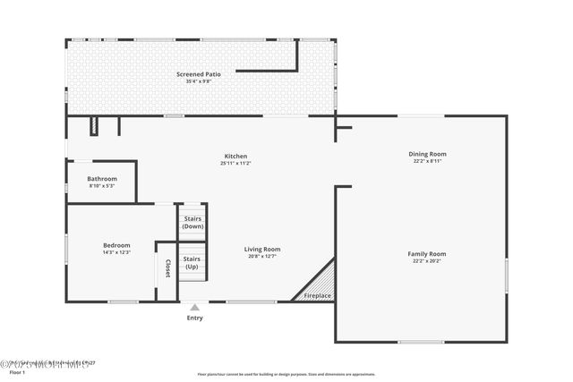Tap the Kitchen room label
(x=235, y=157)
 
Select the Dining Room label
(x=427, y=154)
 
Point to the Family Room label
(x=427, y=254)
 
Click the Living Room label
(x=264, y=250)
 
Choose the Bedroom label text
(x=116, y=245)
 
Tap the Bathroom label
(x=102, y=179)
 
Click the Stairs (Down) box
(x=192, y=223)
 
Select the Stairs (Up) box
(x=192, y=263)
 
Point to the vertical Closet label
(x=167, y=268)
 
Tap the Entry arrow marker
(x=194, y=307)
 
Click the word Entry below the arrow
(x=194, y=318)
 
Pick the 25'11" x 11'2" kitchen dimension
(x=235, y=163)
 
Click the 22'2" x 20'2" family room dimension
(x=427, y=260)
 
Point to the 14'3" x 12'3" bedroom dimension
(x=116, y=251)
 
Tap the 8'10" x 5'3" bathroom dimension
(x=102, y=185)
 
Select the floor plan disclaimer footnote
(x=286, y=374)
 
